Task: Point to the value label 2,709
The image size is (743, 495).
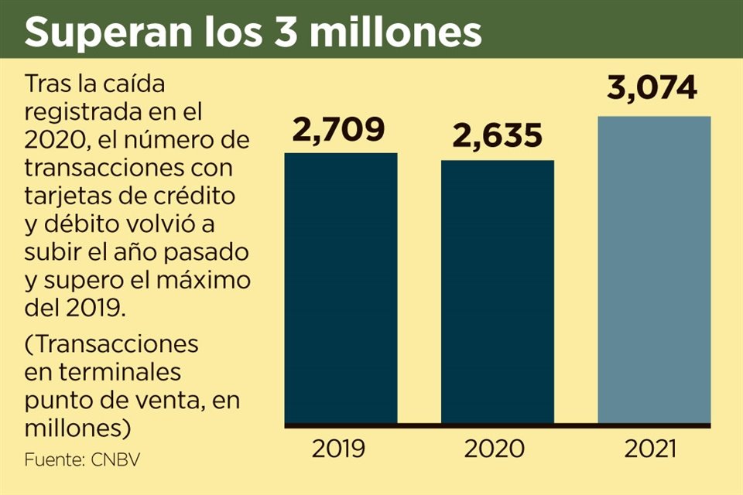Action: pyautogui.click(x=339, y=129)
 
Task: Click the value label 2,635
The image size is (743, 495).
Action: pyautogui.click(x=497, y=136)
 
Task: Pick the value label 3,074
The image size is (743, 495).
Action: pyautogui.click(x=652, y=89)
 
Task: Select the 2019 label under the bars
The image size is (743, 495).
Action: pyautogui.click(x=338, y=449)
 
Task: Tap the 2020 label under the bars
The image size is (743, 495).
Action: pyautogui.click(x=496, y=449)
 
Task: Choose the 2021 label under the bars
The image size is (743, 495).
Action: pyautogui.click(x=652, y=449)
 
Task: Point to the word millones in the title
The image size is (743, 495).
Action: pyautogui.click(x=394, y=32)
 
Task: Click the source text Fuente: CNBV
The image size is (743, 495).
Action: pyautogui.click(x=82, y=459)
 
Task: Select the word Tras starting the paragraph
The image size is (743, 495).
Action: pyautogui.click(x=49, y=84)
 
